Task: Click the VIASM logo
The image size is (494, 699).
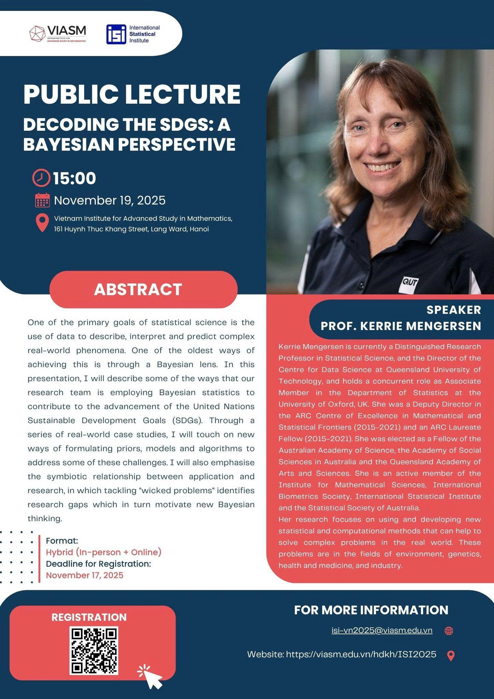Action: coord(58,33)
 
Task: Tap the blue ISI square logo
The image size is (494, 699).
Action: coord(116,34)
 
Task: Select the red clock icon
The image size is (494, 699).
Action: coord(41,178)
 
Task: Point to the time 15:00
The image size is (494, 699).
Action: coord(75,179)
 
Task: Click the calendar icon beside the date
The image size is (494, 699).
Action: coord(42,200)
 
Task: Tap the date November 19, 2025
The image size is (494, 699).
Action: coord(110,200)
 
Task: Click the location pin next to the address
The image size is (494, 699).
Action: coord(42,223)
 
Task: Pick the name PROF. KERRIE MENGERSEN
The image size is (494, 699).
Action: coord(401,326)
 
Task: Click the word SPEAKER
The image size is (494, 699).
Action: coord(453,310)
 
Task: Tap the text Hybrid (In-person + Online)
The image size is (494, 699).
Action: coord(104,552)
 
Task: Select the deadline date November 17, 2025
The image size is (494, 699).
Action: coord(85,575)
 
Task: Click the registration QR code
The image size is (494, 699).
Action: coord(94,651)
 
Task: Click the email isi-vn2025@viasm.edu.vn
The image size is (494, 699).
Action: coord(382,630)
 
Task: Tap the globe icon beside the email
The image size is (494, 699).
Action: coord(449,631)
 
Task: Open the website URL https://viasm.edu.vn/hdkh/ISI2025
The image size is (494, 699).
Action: coord(361,654)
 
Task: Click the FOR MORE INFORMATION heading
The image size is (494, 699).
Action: coord(371,610)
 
